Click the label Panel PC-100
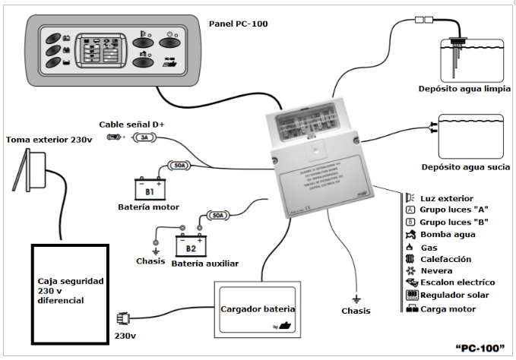pyautogui.click(x=238, y=24)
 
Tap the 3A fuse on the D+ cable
pyautogui.click(x=144, y=137)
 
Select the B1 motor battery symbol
pyautogui.click(x=150, y=188)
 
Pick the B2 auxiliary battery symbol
pyautogui.click(x=192, y=245)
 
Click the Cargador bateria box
pyautogui.click(x=257, y=310)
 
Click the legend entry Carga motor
pyautogui.click(x=447, y=309)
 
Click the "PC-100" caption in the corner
pyautogui.click(x=480, y=348)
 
